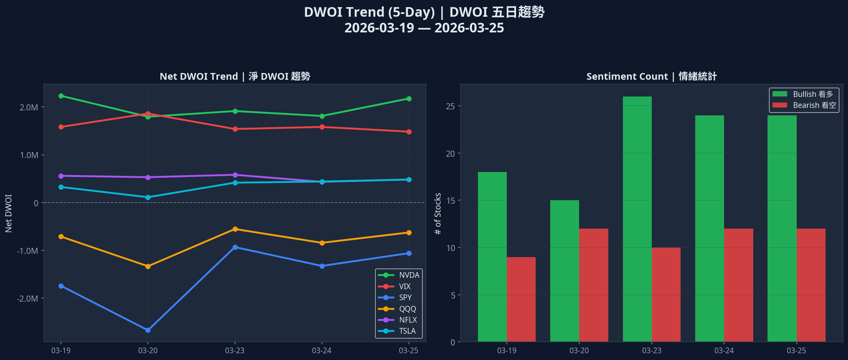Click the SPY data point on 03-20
pos(148,330)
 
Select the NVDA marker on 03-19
pos(61,96)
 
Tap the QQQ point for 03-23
pos(235,229)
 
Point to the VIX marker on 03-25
pos(409,132)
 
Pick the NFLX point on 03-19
pos(61,176)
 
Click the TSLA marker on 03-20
pos(148,197)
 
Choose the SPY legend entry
pos(399,297)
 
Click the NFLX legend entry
pos(399,320)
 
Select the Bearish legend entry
pos(804,105)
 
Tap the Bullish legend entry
pos(804,94)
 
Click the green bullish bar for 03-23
pos(637,219)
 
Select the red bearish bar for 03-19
pos(521,299)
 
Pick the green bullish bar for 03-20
pos(565,271)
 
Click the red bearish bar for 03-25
pos(811,285)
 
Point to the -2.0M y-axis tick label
pos(28,298)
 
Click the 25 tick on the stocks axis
pos(451,106)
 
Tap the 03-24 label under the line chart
pos(322,350)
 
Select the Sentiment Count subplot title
pos(651,76)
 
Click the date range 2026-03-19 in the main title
pos(379,28)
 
